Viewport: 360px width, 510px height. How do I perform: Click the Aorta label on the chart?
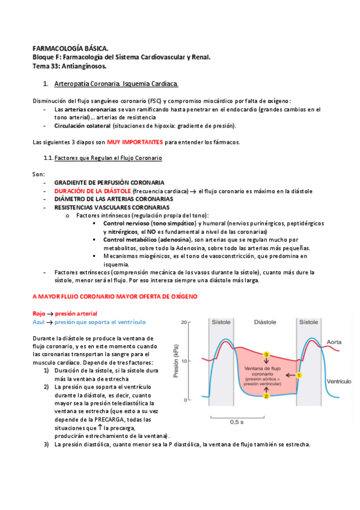point(334,342)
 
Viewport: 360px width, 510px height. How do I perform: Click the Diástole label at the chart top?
point(266,322)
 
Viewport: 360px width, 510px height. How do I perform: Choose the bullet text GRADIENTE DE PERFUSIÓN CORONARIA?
point(109,182)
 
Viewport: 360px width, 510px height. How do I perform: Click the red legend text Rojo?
point(39,313)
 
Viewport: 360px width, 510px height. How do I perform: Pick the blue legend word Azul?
point(39,322)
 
